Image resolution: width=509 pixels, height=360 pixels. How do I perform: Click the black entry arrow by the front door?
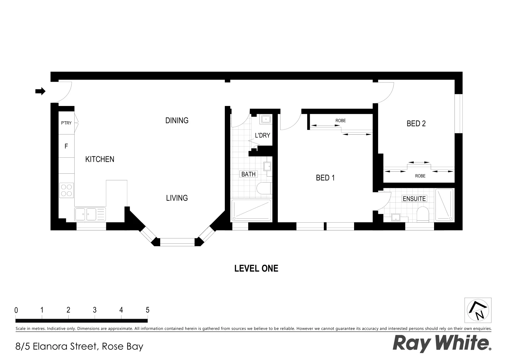click(40, 91)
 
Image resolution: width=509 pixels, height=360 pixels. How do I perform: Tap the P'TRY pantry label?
click(66, 123)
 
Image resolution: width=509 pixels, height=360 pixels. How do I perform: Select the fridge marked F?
click(66, 146)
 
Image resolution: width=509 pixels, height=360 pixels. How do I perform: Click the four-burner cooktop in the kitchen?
click(67, 190)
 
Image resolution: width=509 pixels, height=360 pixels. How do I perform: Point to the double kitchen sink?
click(86, 214)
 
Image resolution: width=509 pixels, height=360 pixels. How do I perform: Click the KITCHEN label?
click(100, 159)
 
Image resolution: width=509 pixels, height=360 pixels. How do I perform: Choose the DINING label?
click(177, 120)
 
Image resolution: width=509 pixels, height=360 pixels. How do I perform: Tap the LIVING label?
click(177, 198)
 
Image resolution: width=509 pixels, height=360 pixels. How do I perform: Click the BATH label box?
click(249, 174)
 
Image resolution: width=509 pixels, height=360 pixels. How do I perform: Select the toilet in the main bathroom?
click(264, 188)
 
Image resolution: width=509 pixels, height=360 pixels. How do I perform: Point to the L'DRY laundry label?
click(262, 135)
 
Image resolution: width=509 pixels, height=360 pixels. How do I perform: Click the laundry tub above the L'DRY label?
click(266, 119)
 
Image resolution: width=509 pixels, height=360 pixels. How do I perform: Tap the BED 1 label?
click(325, 178)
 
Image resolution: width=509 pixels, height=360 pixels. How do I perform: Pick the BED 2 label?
click(416, 124)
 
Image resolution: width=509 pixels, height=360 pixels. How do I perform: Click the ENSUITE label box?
click(414, 199)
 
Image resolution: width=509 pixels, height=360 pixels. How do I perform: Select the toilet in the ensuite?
click(423, 214)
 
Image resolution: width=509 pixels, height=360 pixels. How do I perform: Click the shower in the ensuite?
click(444, 205)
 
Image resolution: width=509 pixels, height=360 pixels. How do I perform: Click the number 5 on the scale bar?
click(148, 310)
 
